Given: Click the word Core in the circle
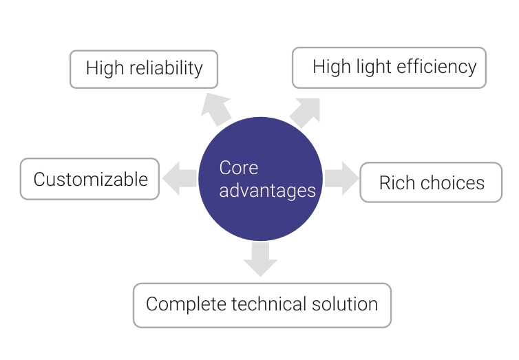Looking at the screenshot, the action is coord(239,168).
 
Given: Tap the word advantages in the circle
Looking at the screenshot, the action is coord(268,191).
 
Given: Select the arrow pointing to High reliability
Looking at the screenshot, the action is coord(216,109).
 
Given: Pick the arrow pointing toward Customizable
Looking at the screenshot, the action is coord(180,178).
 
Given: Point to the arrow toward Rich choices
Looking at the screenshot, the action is coord(341,178).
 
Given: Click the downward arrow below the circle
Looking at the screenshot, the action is coord(260,259).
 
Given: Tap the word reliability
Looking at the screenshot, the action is coord(166,69).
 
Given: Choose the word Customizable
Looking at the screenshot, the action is coord(91,180).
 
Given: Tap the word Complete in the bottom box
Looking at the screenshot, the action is coord(186,304).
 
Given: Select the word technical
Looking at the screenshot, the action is coord(268,304).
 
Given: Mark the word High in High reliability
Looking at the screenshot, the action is coord(105,69).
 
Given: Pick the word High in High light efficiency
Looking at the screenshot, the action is coord(332,67).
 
